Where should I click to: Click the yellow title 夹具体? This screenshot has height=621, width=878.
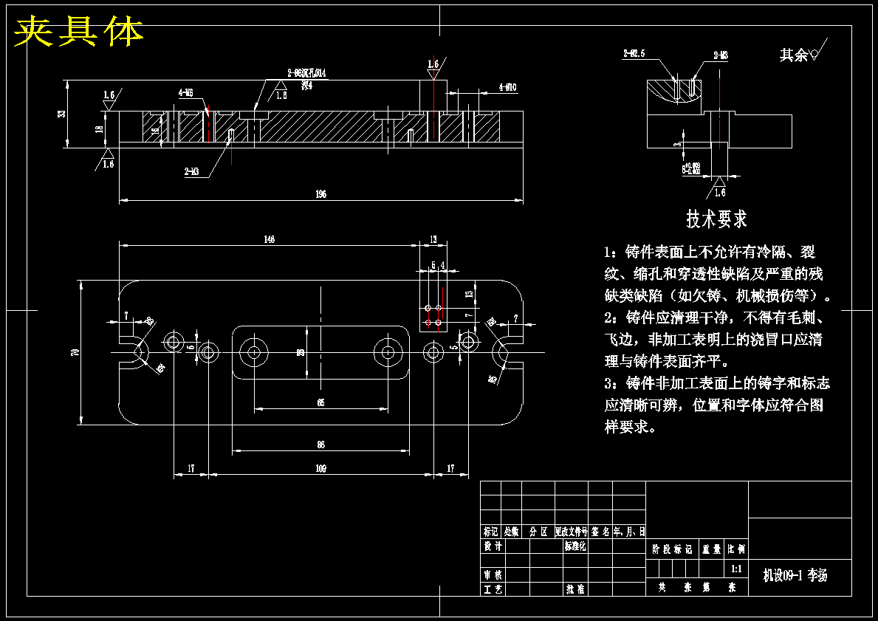(x=79, y=32)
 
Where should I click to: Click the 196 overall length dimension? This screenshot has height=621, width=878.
(x=320, y=194)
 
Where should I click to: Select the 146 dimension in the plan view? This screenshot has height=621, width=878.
(x=269, y=239)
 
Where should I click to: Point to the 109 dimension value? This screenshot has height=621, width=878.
(x=320, y=468)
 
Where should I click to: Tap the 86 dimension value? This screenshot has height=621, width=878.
(x=320, y=445)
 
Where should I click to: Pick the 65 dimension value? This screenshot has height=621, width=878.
(x=320, y=402)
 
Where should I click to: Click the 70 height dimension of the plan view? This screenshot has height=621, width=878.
(x=75, y=352)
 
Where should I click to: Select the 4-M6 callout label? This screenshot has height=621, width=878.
(x=185, y=93)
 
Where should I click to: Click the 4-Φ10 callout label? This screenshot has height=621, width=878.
(x=507, y=87)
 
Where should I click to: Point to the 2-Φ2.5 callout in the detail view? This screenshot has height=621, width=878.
(x=634, y=54)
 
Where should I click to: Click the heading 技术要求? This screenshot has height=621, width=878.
(x=716, y=219)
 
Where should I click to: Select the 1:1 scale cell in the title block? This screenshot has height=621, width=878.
(x=736, y=569)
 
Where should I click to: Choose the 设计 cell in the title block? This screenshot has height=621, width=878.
(x=492, y=546)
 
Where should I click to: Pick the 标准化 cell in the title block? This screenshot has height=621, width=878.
(x=575, y=546)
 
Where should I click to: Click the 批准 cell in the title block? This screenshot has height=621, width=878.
(x=575, y=589)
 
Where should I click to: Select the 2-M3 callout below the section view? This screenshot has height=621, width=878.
(x=191, y=171)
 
